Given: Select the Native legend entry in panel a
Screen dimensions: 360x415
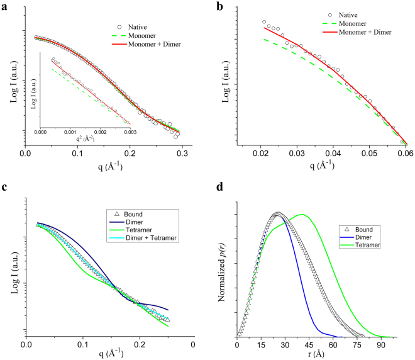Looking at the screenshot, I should point(137,26).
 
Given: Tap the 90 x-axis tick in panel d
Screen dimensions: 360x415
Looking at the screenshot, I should point(381,344).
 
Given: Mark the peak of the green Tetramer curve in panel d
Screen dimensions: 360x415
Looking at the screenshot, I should point(304,215).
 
